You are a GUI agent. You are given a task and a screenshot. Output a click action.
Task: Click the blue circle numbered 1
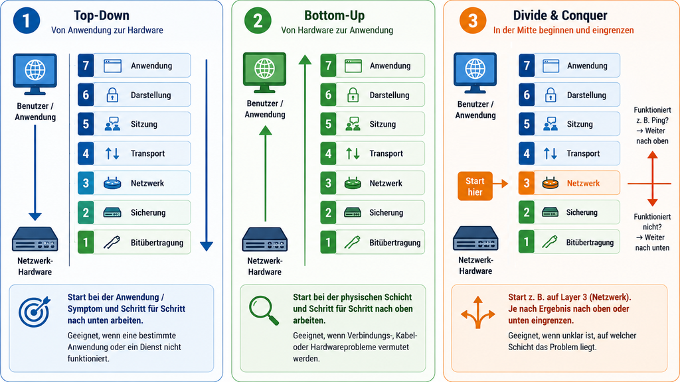[x=27, y=21]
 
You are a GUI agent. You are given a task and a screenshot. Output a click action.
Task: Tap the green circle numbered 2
[x=258, y=21]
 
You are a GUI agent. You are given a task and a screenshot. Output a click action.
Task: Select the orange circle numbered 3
[x=473, y=21]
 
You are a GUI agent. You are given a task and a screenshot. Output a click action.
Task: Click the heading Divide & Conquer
[x=560, y=16]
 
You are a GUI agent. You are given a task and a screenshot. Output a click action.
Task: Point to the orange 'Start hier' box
[x=475, y=186]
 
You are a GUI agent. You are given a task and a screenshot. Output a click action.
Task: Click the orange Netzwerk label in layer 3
[x=583, y=183]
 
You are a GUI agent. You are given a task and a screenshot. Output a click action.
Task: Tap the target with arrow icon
[x=35, y=312]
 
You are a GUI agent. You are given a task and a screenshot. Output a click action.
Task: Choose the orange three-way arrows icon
[x=478, y=312]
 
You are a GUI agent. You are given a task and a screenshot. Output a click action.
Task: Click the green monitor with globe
[x=264, y=72]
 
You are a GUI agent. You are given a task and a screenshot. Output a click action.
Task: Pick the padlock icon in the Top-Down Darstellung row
[x=112, y=95]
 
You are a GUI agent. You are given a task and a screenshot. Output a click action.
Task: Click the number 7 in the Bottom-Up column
[x=328, y=66]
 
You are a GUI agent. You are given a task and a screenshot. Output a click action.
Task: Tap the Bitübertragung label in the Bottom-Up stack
[x=394, y=243]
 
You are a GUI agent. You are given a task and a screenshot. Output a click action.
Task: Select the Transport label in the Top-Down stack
[x=147, y=153]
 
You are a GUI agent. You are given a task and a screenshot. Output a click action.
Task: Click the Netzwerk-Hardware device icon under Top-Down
[x=35, y=239]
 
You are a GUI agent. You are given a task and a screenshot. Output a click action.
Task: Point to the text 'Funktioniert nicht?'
[x=652, y=222]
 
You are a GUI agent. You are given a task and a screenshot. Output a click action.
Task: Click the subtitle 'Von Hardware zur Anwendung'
[x=337, y=31]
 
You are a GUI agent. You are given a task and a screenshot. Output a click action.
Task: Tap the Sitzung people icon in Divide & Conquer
[x=551, y=124]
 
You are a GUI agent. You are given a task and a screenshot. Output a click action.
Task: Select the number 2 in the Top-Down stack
[x=86, y=212]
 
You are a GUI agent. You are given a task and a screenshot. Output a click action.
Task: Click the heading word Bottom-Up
[x=335, y=16]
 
